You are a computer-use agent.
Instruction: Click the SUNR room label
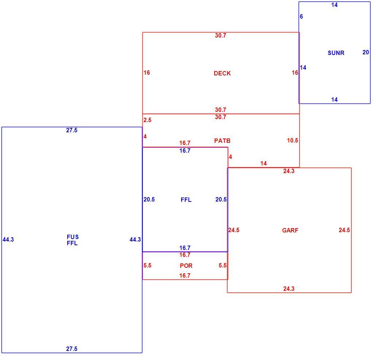click(336, 53)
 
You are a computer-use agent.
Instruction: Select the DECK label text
click(222, 73)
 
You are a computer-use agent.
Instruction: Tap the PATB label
click(222, 141)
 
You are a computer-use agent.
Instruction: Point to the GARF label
click(290, 230)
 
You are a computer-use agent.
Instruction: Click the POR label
click(186, 266)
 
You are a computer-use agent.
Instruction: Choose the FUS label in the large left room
click(73, 237)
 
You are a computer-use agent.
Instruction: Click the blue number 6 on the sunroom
click(302, 16)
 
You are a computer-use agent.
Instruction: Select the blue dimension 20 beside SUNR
click(366, 52)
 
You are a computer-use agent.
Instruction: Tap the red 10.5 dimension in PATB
click(292, 141)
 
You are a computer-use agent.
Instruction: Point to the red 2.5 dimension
click(147, 120)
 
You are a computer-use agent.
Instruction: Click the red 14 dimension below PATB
click(264, 164)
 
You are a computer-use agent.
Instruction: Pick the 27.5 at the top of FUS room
click(72, 130)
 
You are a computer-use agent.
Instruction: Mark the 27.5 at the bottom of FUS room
click(72, 349)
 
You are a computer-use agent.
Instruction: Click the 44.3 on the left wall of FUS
click(8, 239)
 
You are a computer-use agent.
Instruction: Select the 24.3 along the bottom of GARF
click(289, 289)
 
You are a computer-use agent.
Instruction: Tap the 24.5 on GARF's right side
click(344, 230)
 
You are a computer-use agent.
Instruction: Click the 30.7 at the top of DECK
click(220, 35)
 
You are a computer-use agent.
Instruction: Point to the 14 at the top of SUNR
click(334, 5)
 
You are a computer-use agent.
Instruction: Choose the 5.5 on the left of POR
click(147, 266)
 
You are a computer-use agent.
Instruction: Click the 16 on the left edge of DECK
click(147, 73)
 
